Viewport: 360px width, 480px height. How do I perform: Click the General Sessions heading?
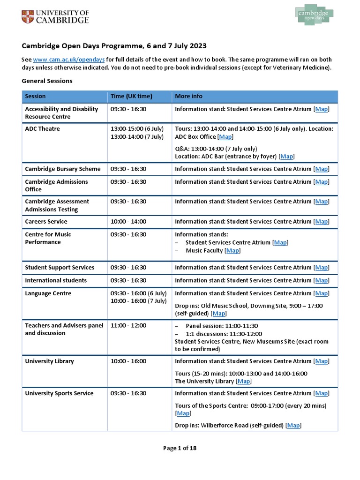coord(47,81)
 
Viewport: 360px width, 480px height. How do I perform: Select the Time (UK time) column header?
coord(131,96)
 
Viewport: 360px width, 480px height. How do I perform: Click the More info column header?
coord(188,96)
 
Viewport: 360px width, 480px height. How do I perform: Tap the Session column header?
coord(35,96)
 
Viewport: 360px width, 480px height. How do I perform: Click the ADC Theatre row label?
coord(42,129)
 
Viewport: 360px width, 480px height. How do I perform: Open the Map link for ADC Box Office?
coord(225,137)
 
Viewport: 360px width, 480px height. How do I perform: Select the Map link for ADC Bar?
coord(286,157)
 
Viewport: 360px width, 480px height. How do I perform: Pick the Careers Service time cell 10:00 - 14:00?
coord(128,222)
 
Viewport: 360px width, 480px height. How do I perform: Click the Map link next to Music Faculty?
coord(232,251)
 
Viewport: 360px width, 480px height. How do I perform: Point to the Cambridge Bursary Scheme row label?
coord(62,169)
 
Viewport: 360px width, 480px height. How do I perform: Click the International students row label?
coord(55,280)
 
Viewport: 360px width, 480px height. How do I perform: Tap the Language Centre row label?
coord(48,293)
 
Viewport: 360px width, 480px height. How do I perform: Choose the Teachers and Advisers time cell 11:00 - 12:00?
coord(128,326)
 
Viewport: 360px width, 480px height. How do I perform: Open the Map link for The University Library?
coord(244,382)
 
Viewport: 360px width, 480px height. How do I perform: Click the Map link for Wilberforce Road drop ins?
coord(293,426)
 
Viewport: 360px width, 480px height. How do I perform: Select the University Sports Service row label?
coord(60,393)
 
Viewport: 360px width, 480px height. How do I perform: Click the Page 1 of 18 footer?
coord(180,448)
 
